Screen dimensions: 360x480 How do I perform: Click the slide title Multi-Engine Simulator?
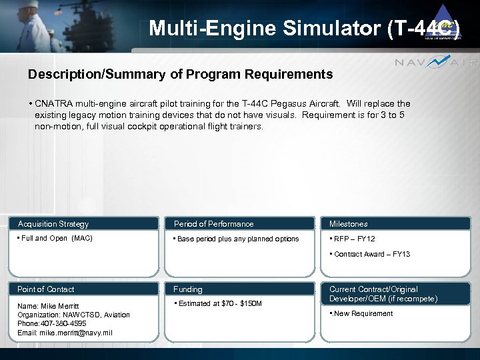303,28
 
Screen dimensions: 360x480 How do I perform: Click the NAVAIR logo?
436,63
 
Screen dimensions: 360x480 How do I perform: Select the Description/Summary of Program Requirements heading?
180,74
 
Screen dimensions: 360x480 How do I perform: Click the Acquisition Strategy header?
53,224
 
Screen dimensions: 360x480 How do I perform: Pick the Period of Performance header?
213,224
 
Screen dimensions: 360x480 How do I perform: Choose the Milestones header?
348,224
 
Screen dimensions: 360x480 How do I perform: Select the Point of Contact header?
46,289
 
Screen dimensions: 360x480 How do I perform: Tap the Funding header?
188,289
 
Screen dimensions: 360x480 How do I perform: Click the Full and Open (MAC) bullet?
56,238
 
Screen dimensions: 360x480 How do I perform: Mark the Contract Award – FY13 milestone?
371,254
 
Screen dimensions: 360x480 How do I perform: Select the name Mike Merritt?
59,306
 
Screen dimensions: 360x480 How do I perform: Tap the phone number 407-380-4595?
64,323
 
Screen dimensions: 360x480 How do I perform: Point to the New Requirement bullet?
363,313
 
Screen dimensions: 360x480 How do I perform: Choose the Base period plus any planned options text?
237,239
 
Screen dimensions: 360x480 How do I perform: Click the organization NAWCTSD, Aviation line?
73,315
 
